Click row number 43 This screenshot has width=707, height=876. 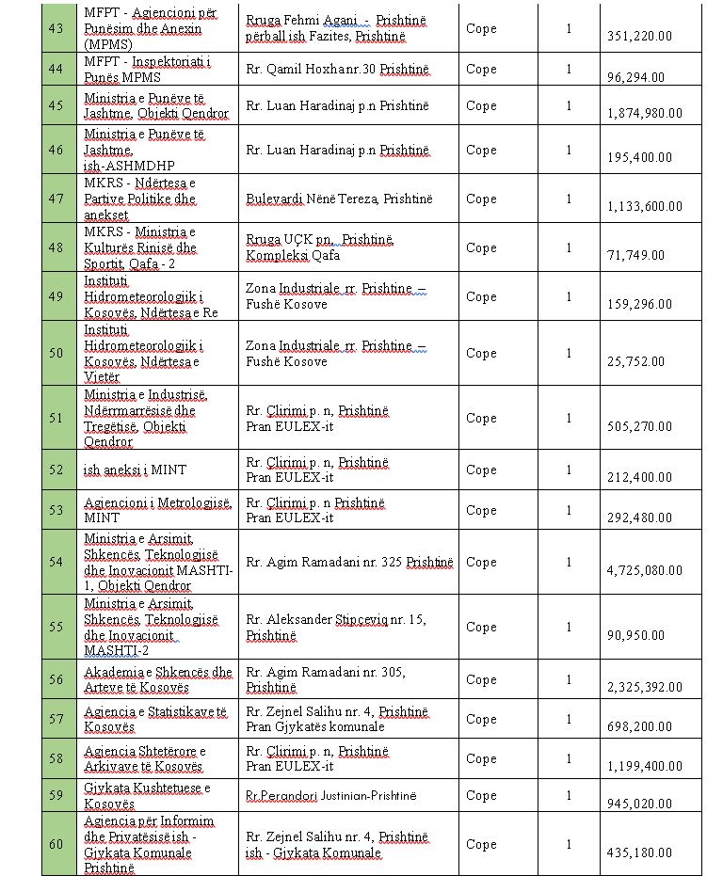click(x=56, y=28)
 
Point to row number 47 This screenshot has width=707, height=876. click(x=56, y=199)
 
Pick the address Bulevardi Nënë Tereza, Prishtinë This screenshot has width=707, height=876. click(x=339, y=199)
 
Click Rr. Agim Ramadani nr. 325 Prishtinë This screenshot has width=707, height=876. click(x=349, y=562)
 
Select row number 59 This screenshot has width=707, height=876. click(x=56, y=795)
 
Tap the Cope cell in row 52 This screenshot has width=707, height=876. click(x=481, y=470)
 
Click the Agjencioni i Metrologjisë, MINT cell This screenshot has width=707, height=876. click(x=156, y=510)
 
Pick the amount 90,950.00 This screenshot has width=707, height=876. click(x=640, y=635)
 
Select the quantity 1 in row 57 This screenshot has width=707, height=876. click(x=569, y=719)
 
